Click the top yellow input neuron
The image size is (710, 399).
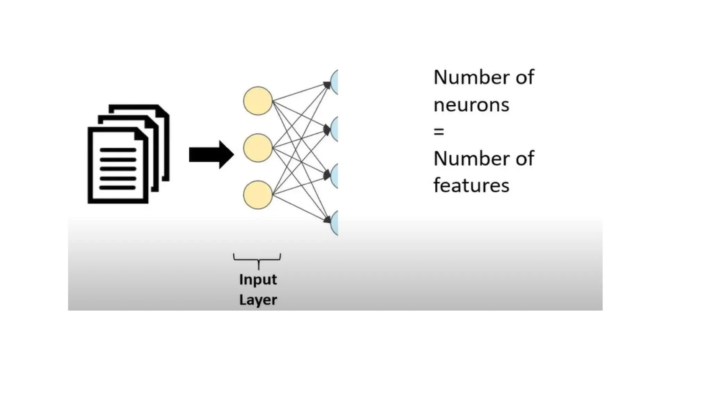coord(258,101)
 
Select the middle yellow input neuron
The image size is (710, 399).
coord(258,148)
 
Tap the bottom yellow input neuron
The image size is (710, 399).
coord(258,195)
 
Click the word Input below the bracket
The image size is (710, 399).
coord(258,280)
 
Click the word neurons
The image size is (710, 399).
coord(471,105)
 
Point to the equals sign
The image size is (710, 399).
coord(439,132)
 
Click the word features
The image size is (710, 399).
coord(471,185)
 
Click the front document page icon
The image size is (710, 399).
coord(118,166)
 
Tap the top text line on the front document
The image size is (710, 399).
coord(118,150)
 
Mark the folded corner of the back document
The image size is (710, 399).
coord(164,110)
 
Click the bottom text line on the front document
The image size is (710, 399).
coord(118,188)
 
